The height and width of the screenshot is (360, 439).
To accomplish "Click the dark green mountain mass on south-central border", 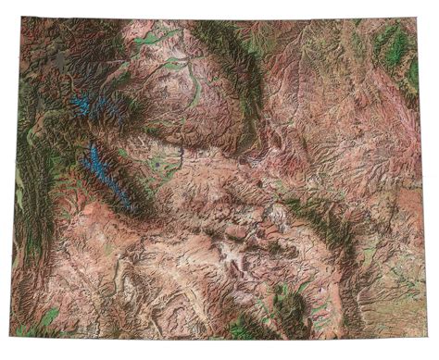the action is pyautogui.click(x=278, y=315).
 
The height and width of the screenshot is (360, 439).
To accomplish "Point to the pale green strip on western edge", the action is pyautogui.click(x=19, y=194).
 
